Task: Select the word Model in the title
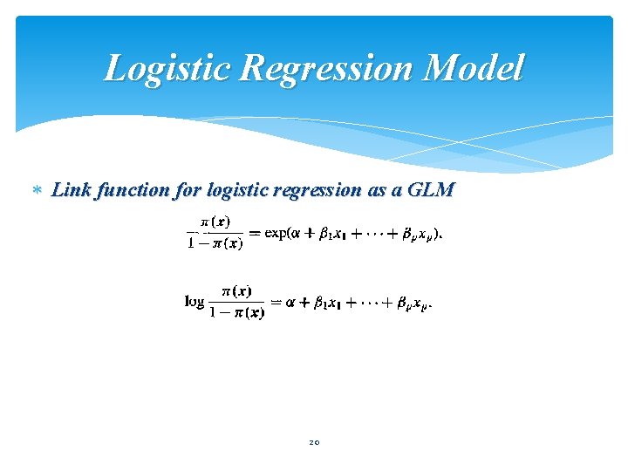pos(478,68)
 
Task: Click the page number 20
pos(314,442)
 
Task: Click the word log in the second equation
pos(195,302)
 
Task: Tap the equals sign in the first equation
pos(254,233)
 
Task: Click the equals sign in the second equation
pos(276,303)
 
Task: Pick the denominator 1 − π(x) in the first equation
pos(215,243)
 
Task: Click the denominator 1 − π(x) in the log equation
pos(236,313)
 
